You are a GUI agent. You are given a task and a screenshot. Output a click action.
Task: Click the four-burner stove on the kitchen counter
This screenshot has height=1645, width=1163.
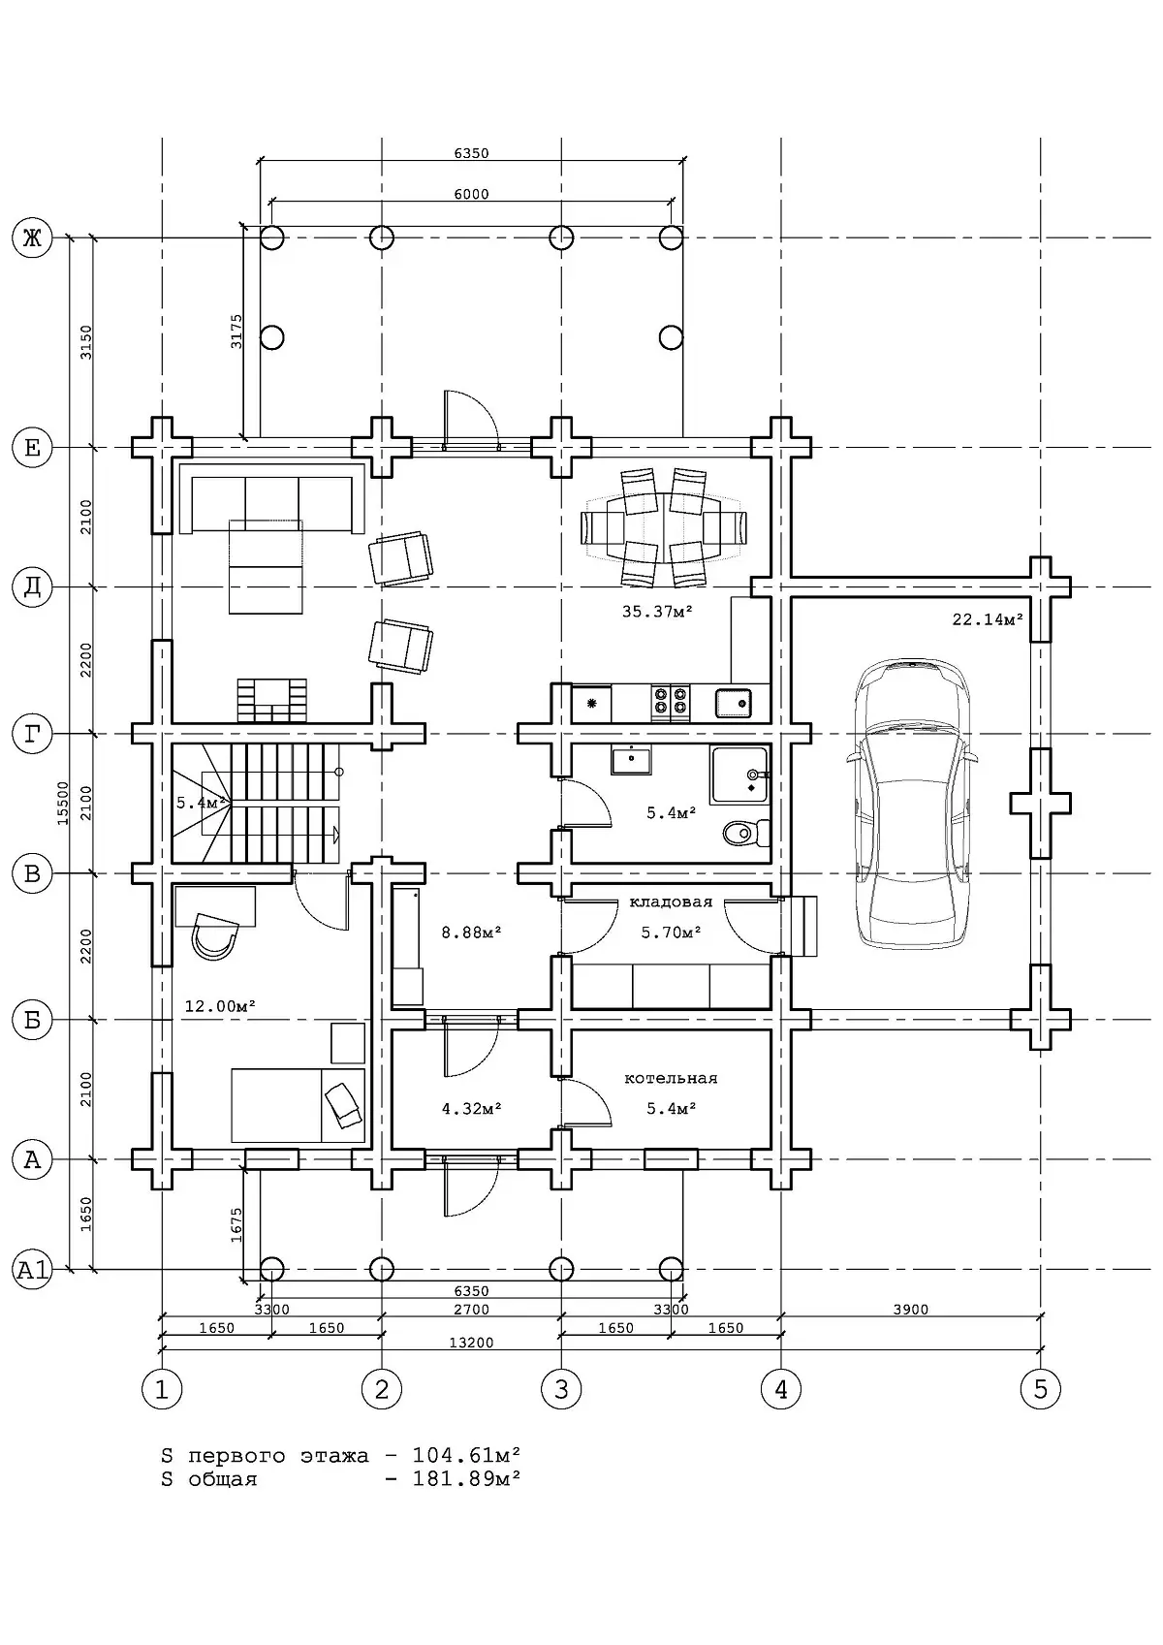pyautogui.click(x=671, y=703)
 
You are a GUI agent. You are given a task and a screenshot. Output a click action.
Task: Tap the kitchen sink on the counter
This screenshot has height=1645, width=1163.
pyautogui.click(x=734, y=703)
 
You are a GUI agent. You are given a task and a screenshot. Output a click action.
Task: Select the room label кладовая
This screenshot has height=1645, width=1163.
pyautogui.click(x=671, y=902)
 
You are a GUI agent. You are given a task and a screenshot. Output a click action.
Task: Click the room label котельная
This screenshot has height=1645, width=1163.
pyautogui.click(x=671, y=1078)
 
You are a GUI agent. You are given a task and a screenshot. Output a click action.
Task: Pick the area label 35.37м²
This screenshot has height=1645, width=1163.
pyautogui.click(x=657, y=611)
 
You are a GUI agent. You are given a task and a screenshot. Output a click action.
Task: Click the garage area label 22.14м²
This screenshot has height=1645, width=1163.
pyautogui.click(x=988, y=619)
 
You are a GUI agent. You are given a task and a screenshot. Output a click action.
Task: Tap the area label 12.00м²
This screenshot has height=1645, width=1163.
pyautogui.click(x=220, y=1006)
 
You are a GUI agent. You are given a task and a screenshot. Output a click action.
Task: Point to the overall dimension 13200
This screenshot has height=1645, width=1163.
pyautogui.click(x=471, y=1342)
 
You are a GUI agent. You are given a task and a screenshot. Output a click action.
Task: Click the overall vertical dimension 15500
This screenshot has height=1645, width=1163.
pyautogui.click(x=63, y=803)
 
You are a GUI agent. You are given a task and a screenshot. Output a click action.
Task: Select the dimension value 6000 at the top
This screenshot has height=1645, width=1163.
pyautogui.click(x=471, y=194)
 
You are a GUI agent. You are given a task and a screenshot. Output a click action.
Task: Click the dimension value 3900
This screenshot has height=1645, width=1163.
pyautogui.click(x=910, y=1309)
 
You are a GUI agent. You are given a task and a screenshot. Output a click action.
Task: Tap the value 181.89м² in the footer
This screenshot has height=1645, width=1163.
pyautogui.click(x=466, y=1477)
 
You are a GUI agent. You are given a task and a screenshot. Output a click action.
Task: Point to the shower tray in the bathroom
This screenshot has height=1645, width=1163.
pyautogui.click(x=739, y=775)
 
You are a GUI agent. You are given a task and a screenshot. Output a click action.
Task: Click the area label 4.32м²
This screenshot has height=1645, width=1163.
pyautogui.click(x=471, y=1108)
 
